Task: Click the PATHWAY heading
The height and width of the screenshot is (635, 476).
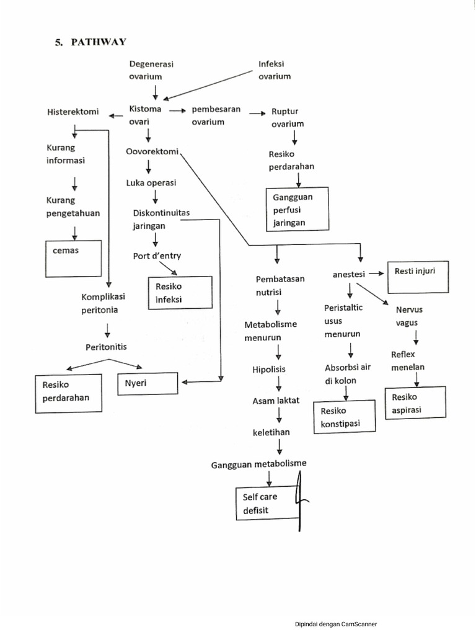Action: point(90,42)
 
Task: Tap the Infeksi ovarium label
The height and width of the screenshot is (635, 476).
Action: point(275,70)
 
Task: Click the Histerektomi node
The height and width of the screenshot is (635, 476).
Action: point(73,112)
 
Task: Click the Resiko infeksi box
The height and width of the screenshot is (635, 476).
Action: point(180,293)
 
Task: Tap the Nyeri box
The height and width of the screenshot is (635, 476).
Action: point(148,384)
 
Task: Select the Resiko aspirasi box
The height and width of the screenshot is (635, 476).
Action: point(415,404)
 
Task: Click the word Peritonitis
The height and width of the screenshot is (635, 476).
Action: point(106,347)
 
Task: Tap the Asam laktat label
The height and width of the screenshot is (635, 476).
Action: point(275,401)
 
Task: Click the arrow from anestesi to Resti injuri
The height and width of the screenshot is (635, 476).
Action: point(376,273)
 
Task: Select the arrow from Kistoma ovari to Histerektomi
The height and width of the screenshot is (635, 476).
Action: point(116,115)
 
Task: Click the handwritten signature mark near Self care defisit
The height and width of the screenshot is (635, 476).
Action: point(301,501)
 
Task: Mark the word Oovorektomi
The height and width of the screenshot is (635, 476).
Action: point(152,151)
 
